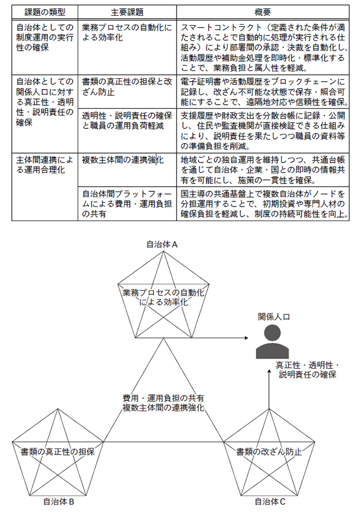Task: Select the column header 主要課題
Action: pyautogui.click(x=127, y=12)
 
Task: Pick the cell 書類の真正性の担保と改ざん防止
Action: pyautogui.click(x=127, y=87)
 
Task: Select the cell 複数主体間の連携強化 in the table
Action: pyautogui.click(x=123, y=160)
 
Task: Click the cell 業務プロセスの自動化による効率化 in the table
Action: pyautogui.click(x=127, y=33)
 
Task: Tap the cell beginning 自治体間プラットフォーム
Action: pyautogui.click(x=127, y=203)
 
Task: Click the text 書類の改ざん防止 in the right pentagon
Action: pyautogui.click(x=269, y=451)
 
